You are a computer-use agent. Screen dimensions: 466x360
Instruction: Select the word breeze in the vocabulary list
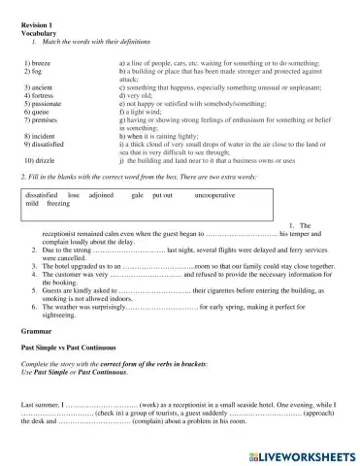(45, 61)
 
